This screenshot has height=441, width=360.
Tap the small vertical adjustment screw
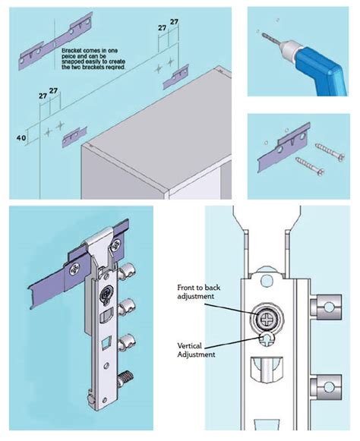point(270,339)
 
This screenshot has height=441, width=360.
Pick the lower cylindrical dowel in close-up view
point(326,391)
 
